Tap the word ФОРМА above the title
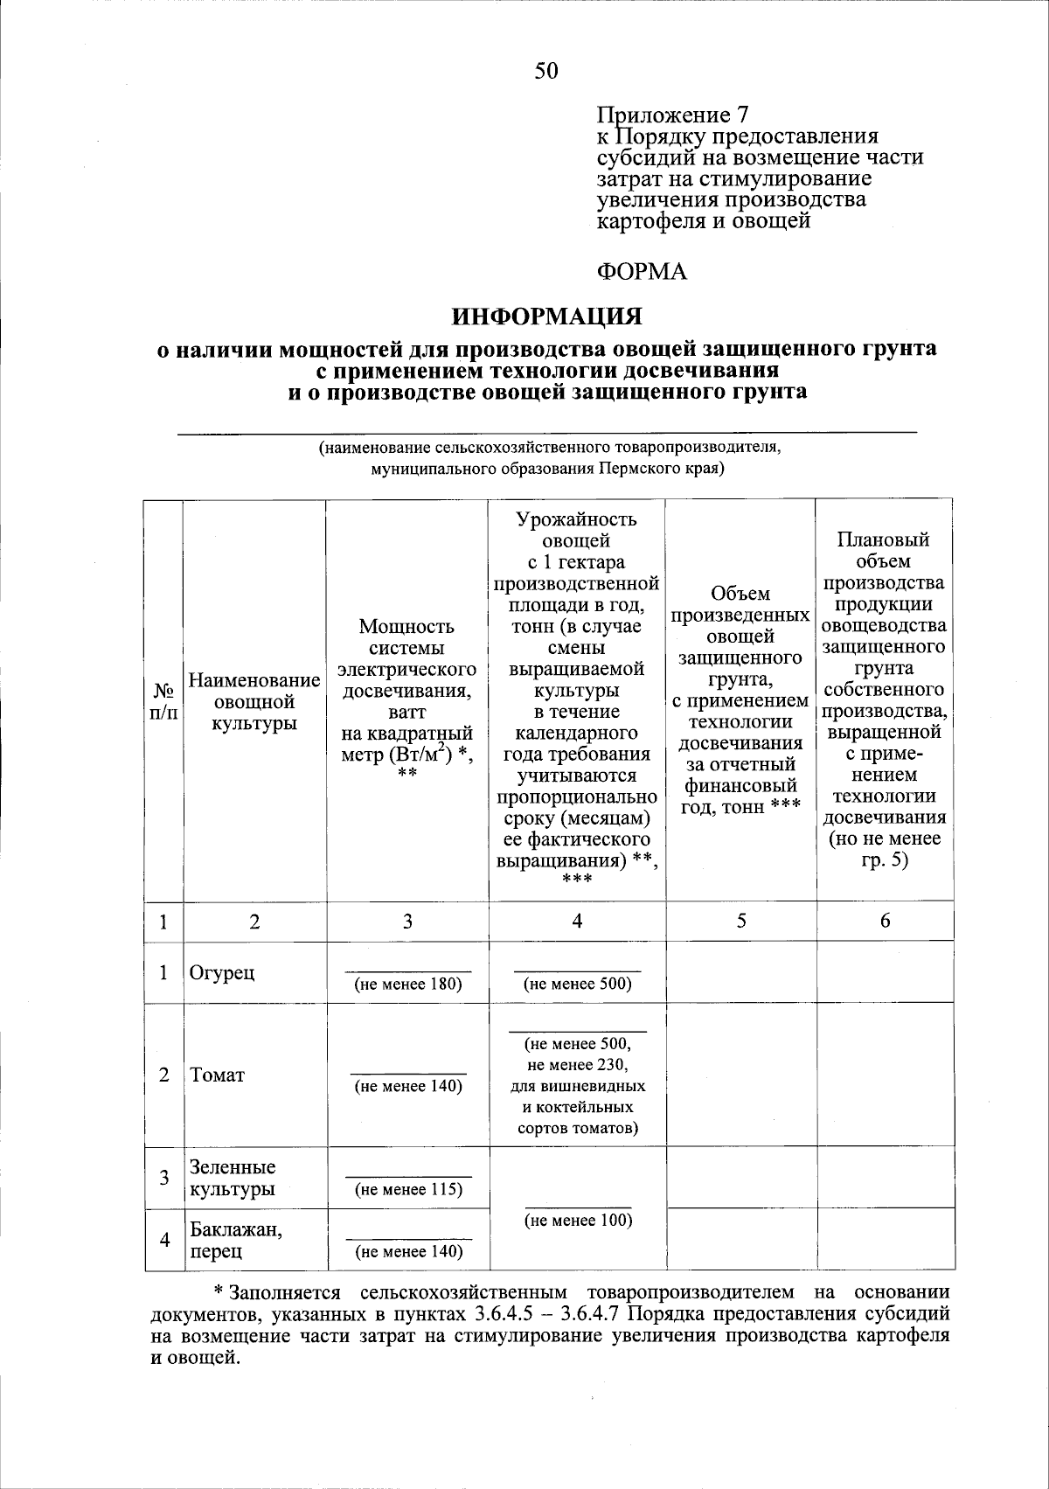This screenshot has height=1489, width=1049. [642, 272]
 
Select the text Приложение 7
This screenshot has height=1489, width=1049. [672, 115]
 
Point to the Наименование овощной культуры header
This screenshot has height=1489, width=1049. [254, 701]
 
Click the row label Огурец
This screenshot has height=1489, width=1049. [223, 971]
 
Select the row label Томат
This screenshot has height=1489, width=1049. [218, 1075]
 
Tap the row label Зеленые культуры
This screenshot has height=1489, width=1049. [233, 1178]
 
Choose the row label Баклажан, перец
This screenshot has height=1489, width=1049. [236, 1240]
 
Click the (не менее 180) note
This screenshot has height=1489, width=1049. [407, 984]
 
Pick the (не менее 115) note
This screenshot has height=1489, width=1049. [407, 1189]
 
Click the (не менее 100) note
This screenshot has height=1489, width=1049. [577, 1220]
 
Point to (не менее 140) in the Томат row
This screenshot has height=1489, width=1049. [407, 1086]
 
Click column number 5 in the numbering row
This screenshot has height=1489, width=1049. [740, 921]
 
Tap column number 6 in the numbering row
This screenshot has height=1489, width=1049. [885, 921]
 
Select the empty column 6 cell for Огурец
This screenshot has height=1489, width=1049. [885, 971]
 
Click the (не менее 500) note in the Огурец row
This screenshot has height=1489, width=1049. [577, 984]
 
